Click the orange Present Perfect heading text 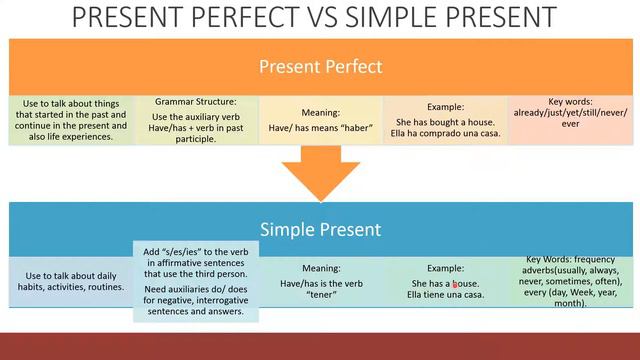(x=320, y=67)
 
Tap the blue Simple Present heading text (x=320, y=229)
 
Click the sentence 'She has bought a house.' (x=445, y=122)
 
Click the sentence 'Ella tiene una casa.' (x=445, y=294)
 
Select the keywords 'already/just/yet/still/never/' (x=570, y=114)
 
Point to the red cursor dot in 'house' (x=455, y=284)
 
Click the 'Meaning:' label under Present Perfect (x=320, y=113)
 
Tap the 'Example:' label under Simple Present (x=445, y=268)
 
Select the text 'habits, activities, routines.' (x=70, y=287)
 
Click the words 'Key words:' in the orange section (x=570, y=102)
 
